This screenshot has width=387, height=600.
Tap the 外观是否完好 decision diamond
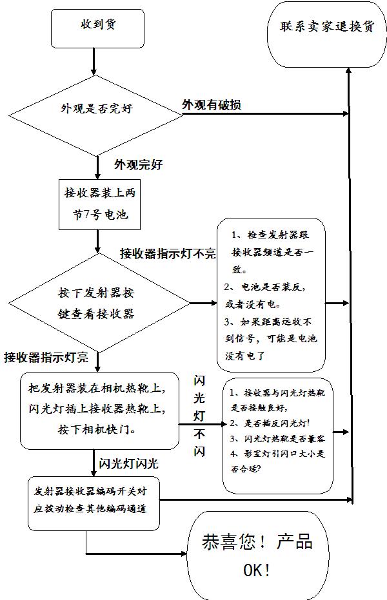(x=97, y=109)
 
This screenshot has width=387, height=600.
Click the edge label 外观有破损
(x=212, y=104)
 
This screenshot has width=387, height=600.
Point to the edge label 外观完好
(x=138, y=164)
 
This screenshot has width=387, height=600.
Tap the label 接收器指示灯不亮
(x=168, y=254)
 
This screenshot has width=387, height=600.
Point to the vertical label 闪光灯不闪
(x=199, y=416)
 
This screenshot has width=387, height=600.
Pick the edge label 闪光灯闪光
(x=128, y=463)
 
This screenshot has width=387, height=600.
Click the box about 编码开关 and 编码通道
(x=94, y=499)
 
